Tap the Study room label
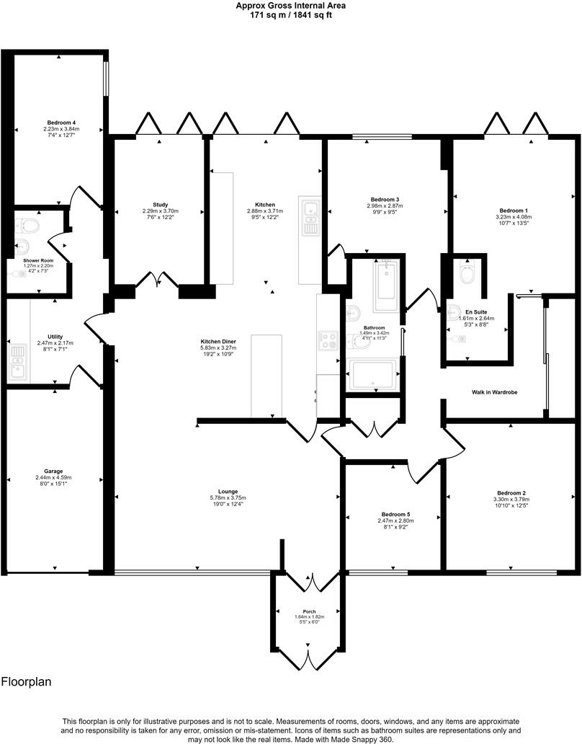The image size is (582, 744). pyautogui.click(x=160, y=205)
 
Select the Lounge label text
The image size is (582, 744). pyautogui.click(x=227, y=492)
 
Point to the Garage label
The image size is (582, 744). pyautogui.click(x=54, y=471)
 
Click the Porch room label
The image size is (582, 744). pyautogui.click(x=309, y=611)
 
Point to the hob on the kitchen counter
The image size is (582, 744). pyautogui.click(x=328, y=340)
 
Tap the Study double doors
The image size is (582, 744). pyautogui.click(x=159, y=278)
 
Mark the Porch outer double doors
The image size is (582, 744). pyautogui.click(x=309, y=659)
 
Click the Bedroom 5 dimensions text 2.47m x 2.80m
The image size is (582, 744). pyautogui.click(x=395, y=521)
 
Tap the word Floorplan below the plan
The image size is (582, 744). pyautogui.click(x=26, y=681)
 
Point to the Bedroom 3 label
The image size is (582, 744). pyautogui.click(x=385, y=199)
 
